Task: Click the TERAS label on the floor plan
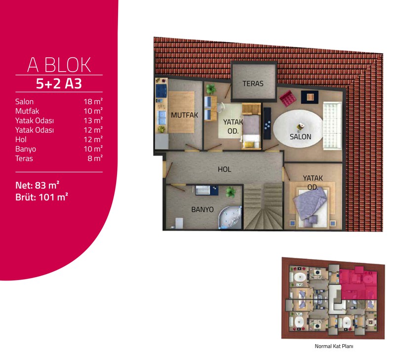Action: click(x=253, y=83)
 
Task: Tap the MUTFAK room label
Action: click(x=184, y=115)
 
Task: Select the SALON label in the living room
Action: click(x=301, y=136)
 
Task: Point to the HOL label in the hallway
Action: click(x=225, y=169)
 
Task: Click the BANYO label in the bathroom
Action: click(x=202, y=209)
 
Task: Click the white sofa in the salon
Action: click(x=332, y=125)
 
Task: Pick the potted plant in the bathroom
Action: click(x=230, y=192)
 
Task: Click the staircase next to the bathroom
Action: click(x=264, y=206)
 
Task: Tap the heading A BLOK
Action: click(x=59, y=65)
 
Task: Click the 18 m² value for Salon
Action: click(x=93, y=101)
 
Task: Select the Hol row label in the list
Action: click(x=21, y=139)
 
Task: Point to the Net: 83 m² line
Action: click(x=38, y=185)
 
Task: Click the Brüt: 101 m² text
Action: click(x=41, y=197)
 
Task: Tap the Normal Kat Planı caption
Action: click(x=334, y=346)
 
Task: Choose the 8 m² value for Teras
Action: click(x=95, y=158)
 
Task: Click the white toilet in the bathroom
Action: click(x=179, y=223)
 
